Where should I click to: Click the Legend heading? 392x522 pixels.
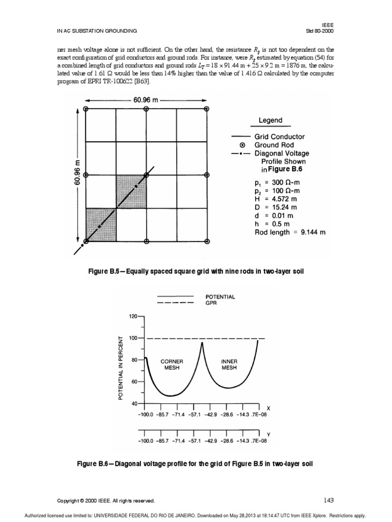(x=270, y=120)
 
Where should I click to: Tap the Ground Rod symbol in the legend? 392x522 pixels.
(x=242, y=145)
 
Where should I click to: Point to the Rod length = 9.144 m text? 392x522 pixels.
(x=290, y=231)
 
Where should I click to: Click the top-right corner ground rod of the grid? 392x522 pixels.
(x=207, y=109)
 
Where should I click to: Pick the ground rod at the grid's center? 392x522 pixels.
(x=146, y=175)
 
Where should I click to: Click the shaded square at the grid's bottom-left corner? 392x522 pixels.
(x=101, y=224)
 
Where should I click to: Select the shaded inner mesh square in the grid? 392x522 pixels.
(x=131, y=191)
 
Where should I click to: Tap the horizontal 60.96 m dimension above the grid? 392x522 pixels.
(x=146, y=98)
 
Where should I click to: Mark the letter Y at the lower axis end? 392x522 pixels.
(x=268, y=434)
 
